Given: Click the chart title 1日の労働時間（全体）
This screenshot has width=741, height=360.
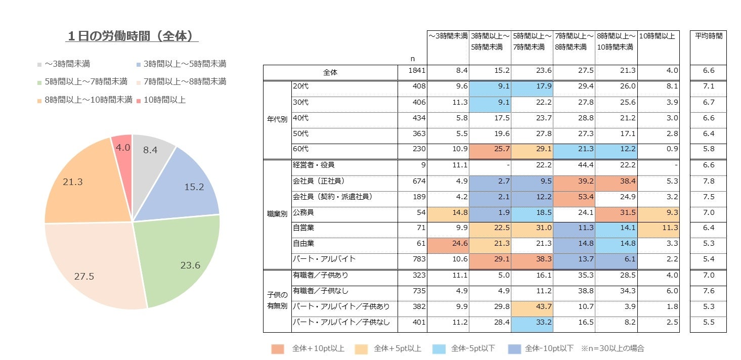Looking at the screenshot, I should pos(133,36).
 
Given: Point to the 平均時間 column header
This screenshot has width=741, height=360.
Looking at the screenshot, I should pos(708,36).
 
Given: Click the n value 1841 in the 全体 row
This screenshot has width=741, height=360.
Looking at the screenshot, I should pos(418,71).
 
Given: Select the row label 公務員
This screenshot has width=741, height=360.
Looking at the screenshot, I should pos(303,212).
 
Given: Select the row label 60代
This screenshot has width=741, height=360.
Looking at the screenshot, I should pos(300,149).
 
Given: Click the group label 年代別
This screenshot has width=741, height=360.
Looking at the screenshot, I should pos(277,120).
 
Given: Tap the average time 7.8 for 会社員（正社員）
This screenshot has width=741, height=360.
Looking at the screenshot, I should pos(708,181).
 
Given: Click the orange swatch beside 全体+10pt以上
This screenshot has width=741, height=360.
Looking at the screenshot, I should pos(277,348).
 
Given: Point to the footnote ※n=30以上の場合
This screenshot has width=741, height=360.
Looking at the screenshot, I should pos(612,348).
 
